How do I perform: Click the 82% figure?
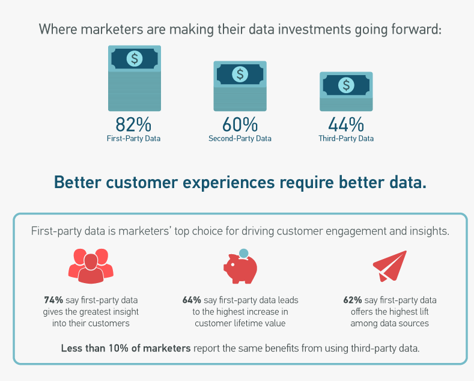click(133, 124)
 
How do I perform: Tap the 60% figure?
click(240, 124)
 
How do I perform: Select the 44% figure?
click(346, 124)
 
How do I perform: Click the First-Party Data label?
click(133, 138)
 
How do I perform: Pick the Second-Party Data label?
click(240, 138)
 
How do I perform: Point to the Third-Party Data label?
click(346, 138)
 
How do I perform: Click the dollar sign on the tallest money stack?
click(135, 58)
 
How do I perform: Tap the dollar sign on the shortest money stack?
click(346, 85)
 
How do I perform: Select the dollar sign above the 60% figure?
click(240, 74)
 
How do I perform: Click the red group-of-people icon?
click(91, 266)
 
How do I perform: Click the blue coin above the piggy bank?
click(243, 254)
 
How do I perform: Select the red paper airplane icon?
click(390, 266)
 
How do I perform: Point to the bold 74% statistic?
click(53, 300)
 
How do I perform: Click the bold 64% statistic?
click(192, 300)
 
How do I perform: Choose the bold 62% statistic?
click(353, 300)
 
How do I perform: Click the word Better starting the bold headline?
click(77, 182)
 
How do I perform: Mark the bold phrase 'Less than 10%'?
click(94, 348)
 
